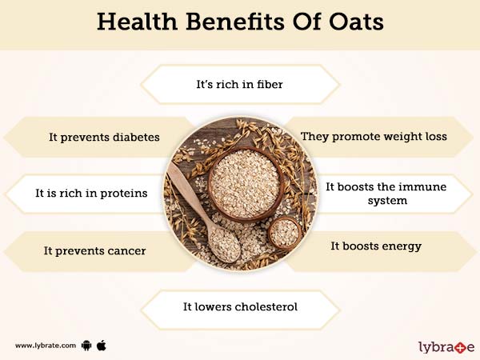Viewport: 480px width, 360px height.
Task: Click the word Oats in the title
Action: click(x=356, y=22)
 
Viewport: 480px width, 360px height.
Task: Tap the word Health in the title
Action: click(x=137, y=22)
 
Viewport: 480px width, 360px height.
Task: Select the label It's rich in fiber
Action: click(x=239, y=84)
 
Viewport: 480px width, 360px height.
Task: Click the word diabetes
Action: click(x=136, y=137)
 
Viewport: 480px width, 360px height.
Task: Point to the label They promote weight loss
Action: click(x=374, y=137)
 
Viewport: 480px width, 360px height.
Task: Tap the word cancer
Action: click(x=126, y=251)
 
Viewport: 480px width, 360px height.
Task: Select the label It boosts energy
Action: click(x=376, y=246)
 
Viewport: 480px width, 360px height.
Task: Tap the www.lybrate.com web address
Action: click(x=46, y=346)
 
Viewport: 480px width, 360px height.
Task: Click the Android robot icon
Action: click(x=86, y=346)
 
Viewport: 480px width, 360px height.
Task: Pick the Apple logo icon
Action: click(x=102, y=346)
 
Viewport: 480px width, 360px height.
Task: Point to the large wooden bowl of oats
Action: click(x=246, y=184)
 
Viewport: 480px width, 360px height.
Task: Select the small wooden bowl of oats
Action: click(x=285, y=234)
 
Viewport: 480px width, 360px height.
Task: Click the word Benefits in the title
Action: click(x=234, y=22)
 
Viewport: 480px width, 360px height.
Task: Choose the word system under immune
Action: click(x=387, y=201)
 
